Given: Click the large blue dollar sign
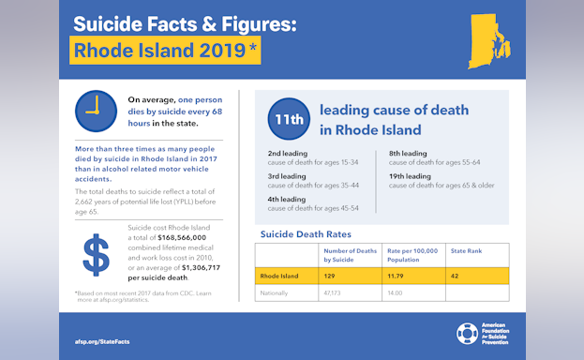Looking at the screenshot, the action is (x=97, y=255).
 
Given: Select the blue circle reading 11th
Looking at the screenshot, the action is (x=288, y=119).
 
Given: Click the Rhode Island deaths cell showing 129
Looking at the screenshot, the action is (x=331, y=277).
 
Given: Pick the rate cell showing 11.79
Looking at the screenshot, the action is (x=398, y=277).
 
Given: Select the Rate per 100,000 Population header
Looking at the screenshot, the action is (x=412, y=254).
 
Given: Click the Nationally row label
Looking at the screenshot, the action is (x=276, y=293).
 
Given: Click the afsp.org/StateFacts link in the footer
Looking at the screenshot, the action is (x=102, y=341).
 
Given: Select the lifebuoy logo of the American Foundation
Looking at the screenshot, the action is (x=467, y=334).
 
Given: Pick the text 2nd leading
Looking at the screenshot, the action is (x=287, y=153).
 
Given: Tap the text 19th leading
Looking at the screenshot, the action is (x=410, y=175).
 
